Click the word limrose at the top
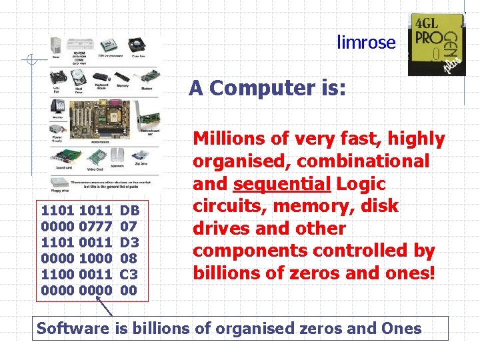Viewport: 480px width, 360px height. (x=366, y=43)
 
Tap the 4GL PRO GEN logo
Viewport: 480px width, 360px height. (x=436, y=44)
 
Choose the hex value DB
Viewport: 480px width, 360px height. (x=129, y=211)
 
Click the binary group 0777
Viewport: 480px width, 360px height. (x=95, y=226)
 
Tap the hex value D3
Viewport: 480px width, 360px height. (x=129, y=241)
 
